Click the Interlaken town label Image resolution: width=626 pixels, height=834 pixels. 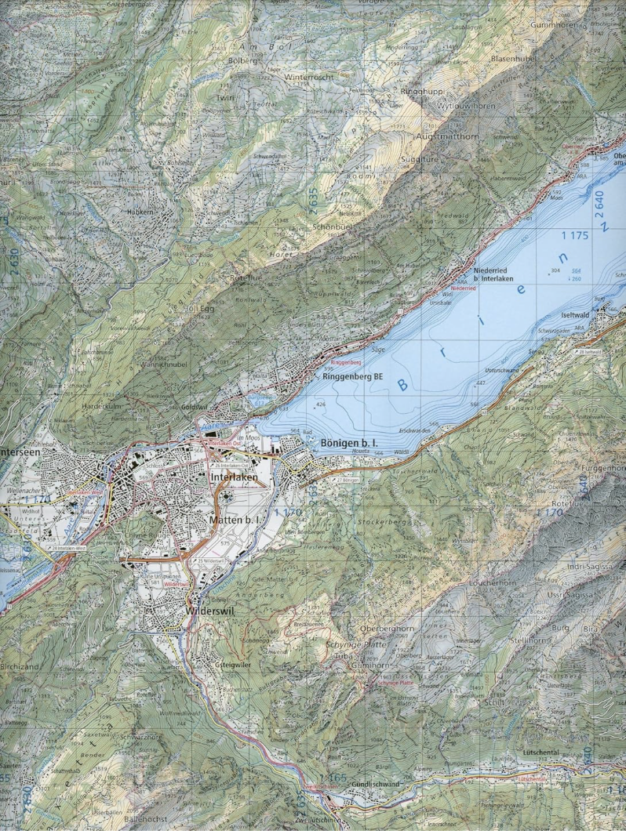[235, 477]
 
